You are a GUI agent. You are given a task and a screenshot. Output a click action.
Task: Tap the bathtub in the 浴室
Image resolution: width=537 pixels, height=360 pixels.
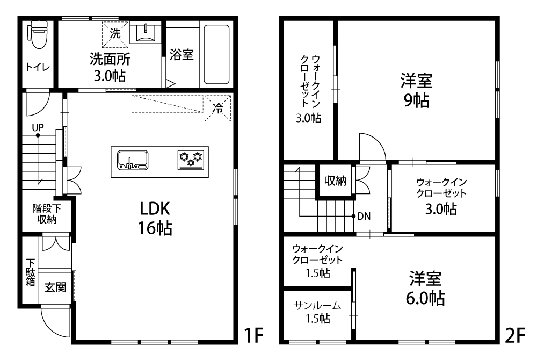point(216,54)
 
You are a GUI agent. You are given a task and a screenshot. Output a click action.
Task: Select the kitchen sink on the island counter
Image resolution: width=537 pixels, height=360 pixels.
point(133,160)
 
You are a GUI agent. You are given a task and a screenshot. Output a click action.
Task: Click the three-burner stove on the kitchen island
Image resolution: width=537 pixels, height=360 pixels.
point(191,160)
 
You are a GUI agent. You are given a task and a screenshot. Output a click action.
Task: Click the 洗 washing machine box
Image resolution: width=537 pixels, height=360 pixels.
point(115,34)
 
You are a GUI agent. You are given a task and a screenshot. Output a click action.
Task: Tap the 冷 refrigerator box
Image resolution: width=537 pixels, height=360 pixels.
point(218,108)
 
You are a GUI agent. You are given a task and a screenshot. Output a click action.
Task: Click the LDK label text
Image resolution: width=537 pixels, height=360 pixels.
point(155,208)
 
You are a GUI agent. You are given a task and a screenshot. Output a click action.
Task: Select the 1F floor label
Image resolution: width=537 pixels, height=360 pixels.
point(254,335)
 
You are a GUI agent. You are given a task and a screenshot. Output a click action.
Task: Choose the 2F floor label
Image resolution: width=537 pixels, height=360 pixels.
point(516,335)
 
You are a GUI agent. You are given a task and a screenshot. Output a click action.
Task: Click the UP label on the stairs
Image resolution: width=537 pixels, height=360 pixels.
point(38,127)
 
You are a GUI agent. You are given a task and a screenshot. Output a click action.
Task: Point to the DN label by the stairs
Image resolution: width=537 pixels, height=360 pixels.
point(364,216)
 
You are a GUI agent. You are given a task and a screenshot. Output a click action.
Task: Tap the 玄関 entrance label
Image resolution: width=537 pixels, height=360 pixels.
point(55,287)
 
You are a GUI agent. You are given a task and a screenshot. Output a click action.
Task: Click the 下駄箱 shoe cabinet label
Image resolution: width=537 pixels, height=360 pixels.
point(31,272)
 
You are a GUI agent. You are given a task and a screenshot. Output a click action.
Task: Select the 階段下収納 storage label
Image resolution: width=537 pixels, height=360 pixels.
point(47,214)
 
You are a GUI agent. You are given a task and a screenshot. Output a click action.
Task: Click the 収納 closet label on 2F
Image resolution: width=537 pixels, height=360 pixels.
point(335,181)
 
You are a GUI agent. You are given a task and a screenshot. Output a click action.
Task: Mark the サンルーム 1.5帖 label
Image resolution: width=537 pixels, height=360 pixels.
point(318,312)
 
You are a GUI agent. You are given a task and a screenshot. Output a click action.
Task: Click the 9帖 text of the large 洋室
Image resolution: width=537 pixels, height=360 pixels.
point(416,100)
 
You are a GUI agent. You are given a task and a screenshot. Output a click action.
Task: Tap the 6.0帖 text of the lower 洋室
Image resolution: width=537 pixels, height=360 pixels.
point(425,298)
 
